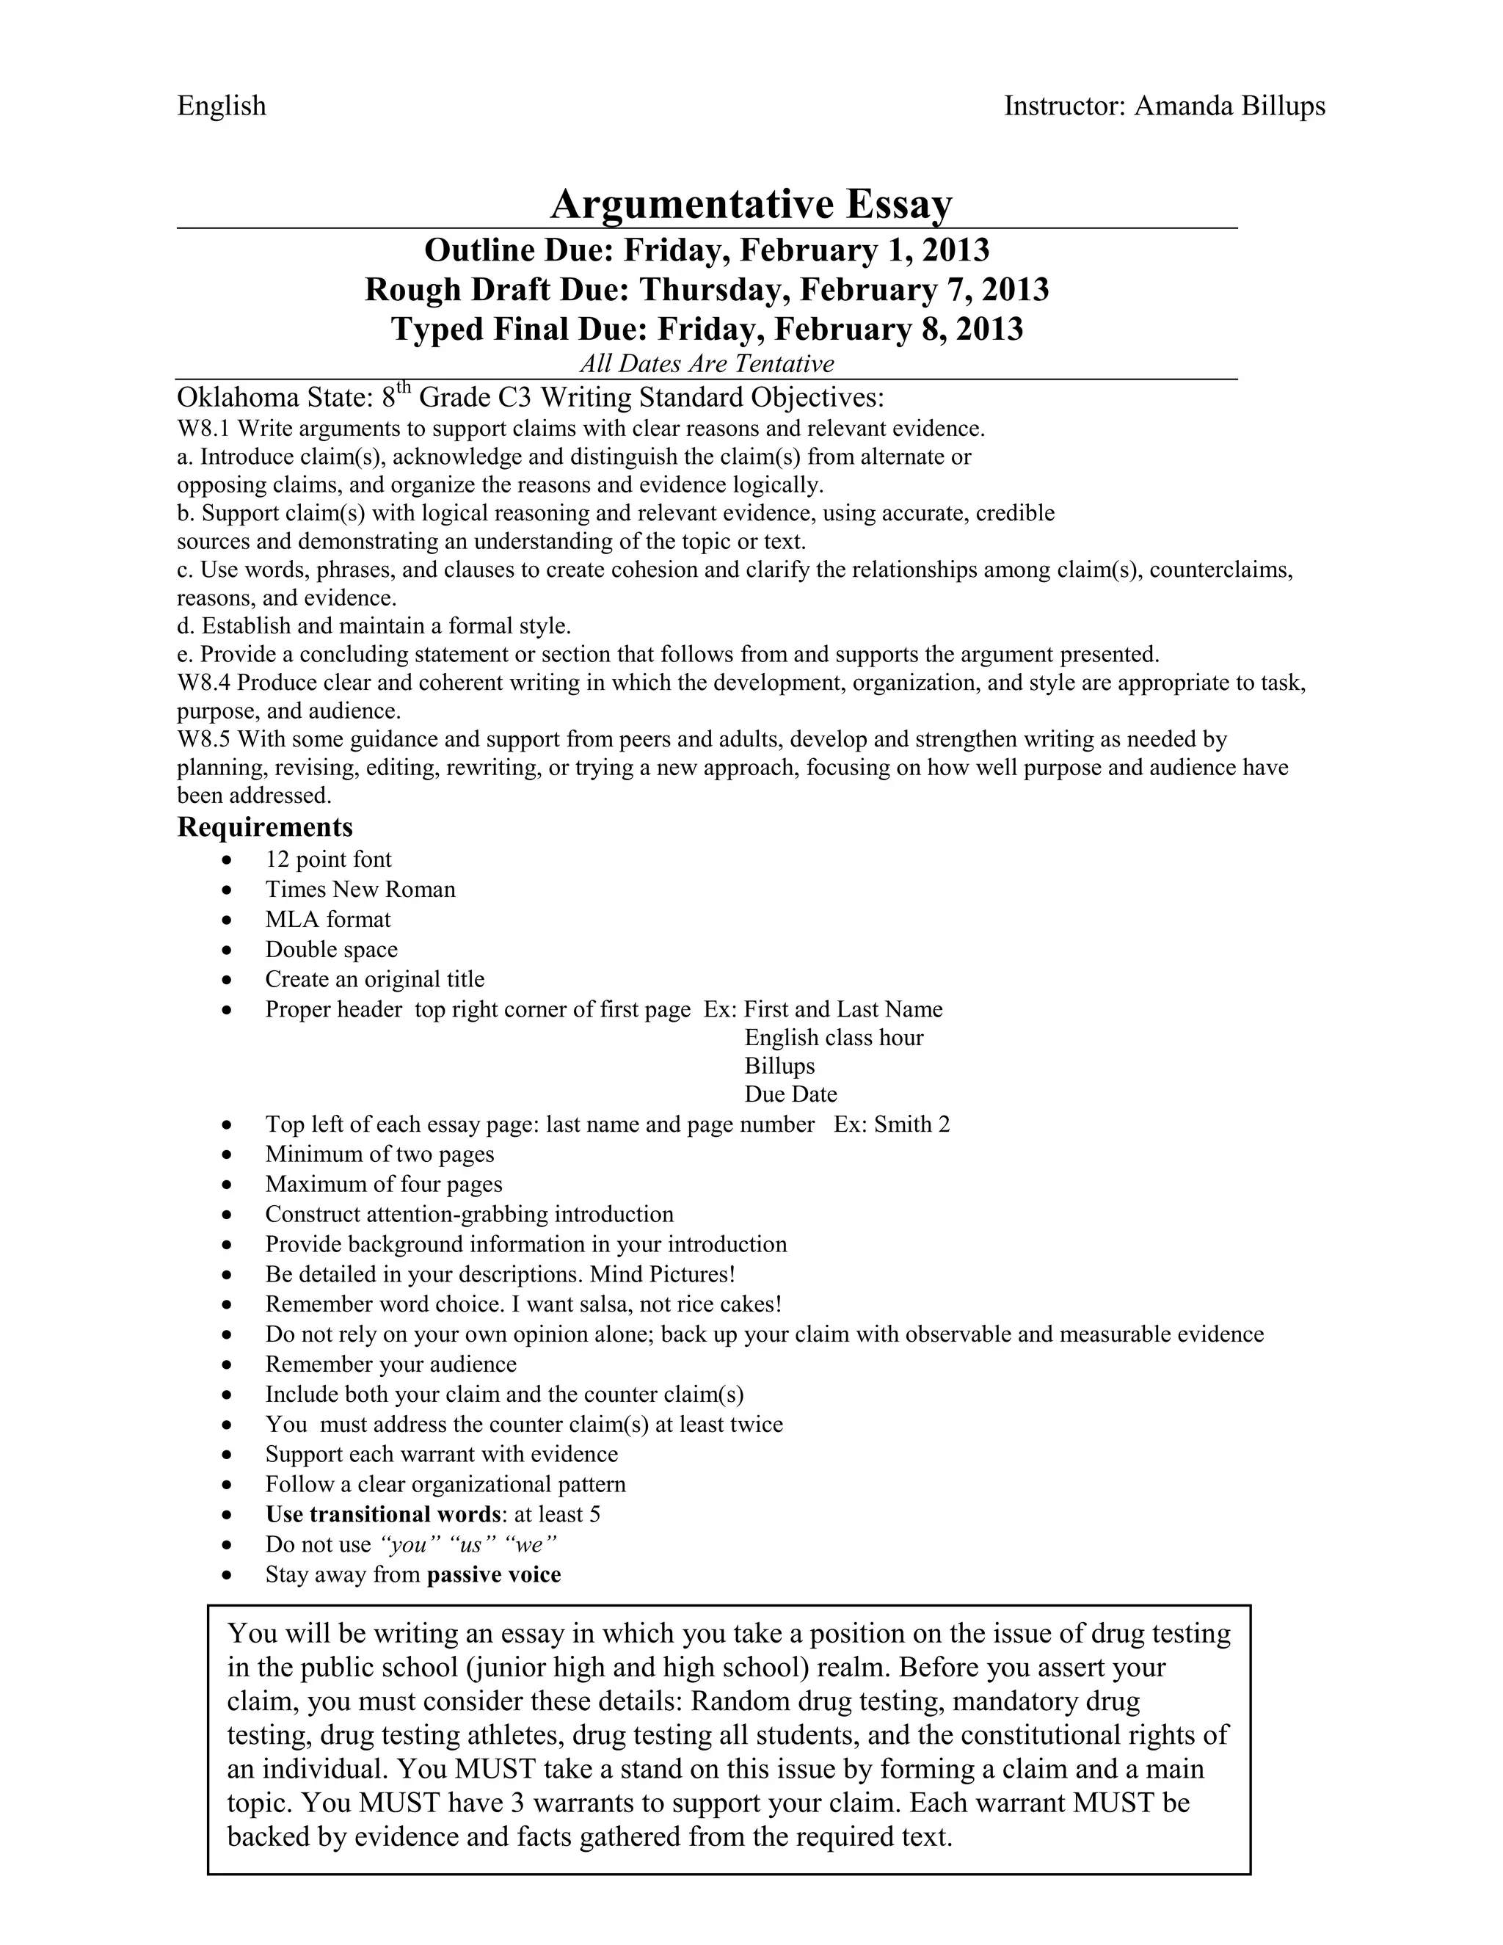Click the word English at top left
222,106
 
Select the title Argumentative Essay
751,204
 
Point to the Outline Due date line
706,250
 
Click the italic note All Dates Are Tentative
706,363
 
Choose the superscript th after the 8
404,387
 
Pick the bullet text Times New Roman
360,889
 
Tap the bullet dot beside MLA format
229,920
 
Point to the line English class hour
834,1038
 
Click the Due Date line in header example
790,1094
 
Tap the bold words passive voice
494,1574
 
